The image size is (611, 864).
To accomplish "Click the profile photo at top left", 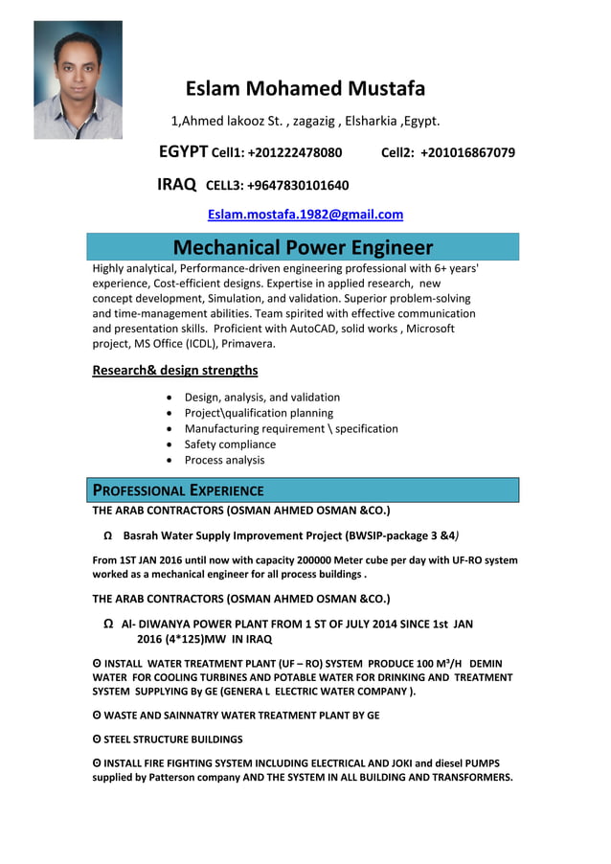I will point(78,80).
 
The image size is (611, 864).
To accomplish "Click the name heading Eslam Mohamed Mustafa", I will point(305,89).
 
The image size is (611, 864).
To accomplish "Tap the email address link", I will point(305,215).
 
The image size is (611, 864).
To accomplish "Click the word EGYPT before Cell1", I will point(183,152).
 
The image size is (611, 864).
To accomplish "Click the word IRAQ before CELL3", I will point(177,185).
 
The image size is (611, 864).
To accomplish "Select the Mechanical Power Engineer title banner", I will point(303,247).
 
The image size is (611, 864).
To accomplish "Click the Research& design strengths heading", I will point(174,371).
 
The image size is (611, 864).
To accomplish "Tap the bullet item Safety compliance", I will point(230,444).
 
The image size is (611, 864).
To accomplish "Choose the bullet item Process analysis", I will point(224,460).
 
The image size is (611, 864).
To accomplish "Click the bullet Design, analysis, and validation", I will point(261,398).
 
